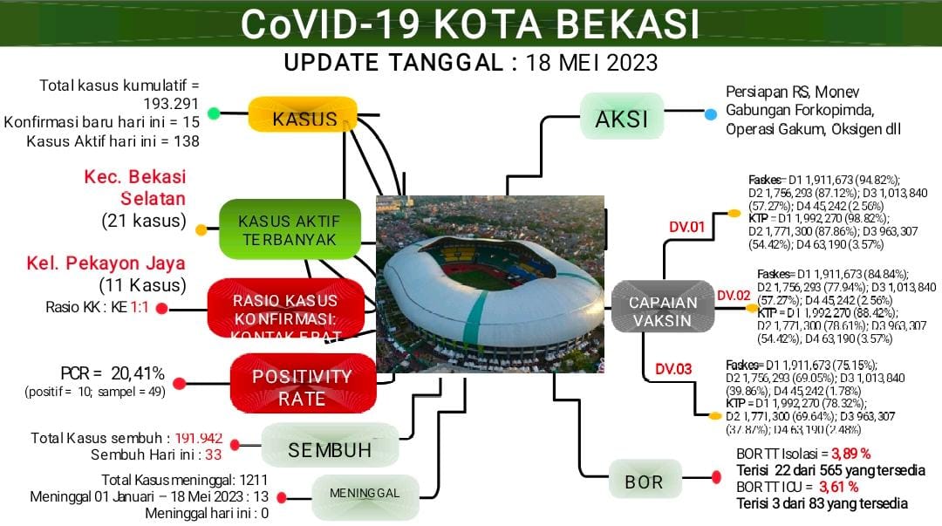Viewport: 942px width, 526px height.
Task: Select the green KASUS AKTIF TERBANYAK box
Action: (x=289, y=229)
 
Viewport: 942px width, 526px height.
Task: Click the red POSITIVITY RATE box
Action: (x=302, y=387)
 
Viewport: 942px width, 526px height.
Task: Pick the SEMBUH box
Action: (x=330, y=449)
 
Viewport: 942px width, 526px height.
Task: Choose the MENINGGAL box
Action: (x=365, y=493)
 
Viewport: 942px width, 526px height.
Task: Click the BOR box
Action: (x=644, y=481)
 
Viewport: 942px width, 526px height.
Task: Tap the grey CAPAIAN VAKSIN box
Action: (x=664, y=311)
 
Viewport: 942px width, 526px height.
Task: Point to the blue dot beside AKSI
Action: (x=711, y=114)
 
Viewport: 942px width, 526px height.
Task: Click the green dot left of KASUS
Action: (x=214, y=113)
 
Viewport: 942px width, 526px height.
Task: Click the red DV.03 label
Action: (x=672, y=369)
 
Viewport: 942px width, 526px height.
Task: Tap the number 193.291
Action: (x=168, y=104)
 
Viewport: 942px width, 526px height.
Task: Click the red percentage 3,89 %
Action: (x=850, y=454)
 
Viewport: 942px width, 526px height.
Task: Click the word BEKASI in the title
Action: (x=621, y=24)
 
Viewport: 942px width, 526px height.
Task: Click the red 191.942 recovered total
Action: (x=199, y=438)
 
